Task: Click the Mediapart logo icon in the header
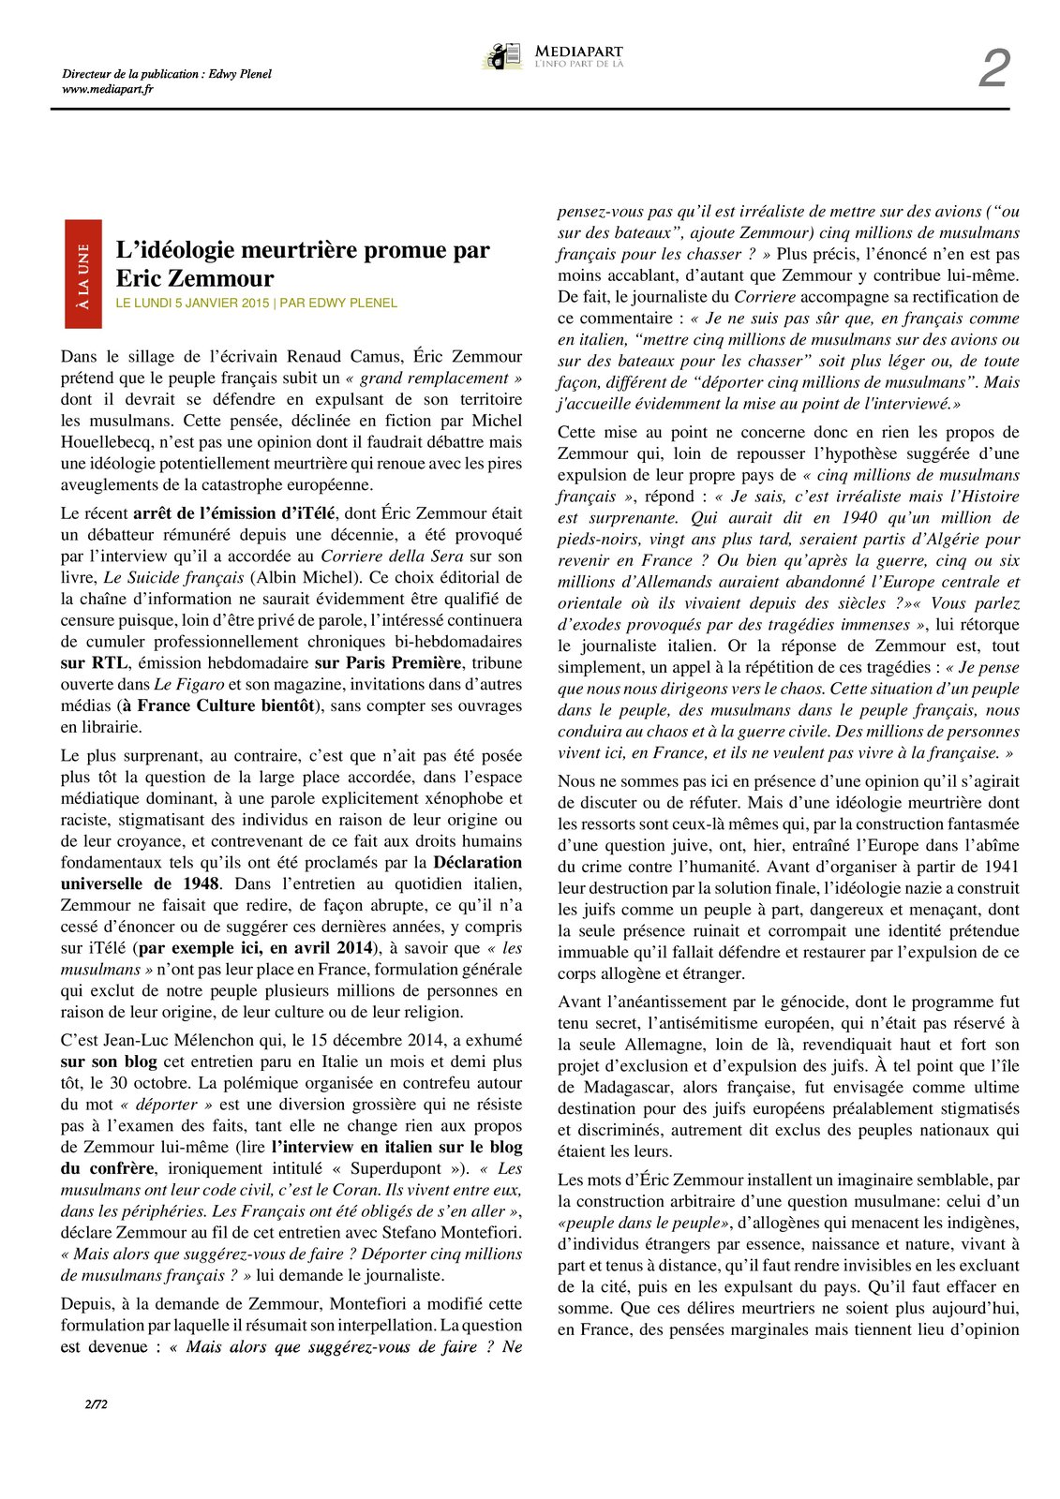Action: pyautogui.click(x=502, y=56)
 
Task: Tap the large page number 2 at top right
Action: pyautogui.click(x=993, y=69)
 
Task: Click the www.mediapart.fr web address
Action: pyautogui.click(x=107, y=89)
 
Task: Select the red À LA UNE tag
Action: pyautogui.click(x=83, y=275)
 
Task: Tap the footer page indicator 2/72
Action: pyautogui.click(x=96, y=1403)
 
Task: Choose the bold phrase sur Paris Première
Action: pyautogui.click(x=388, y=663)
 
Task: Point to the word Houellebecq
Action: pyautogui.click(x=105, y=442)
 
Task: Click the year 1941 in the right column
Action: pyautogui.click(x=1000, y=867)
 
